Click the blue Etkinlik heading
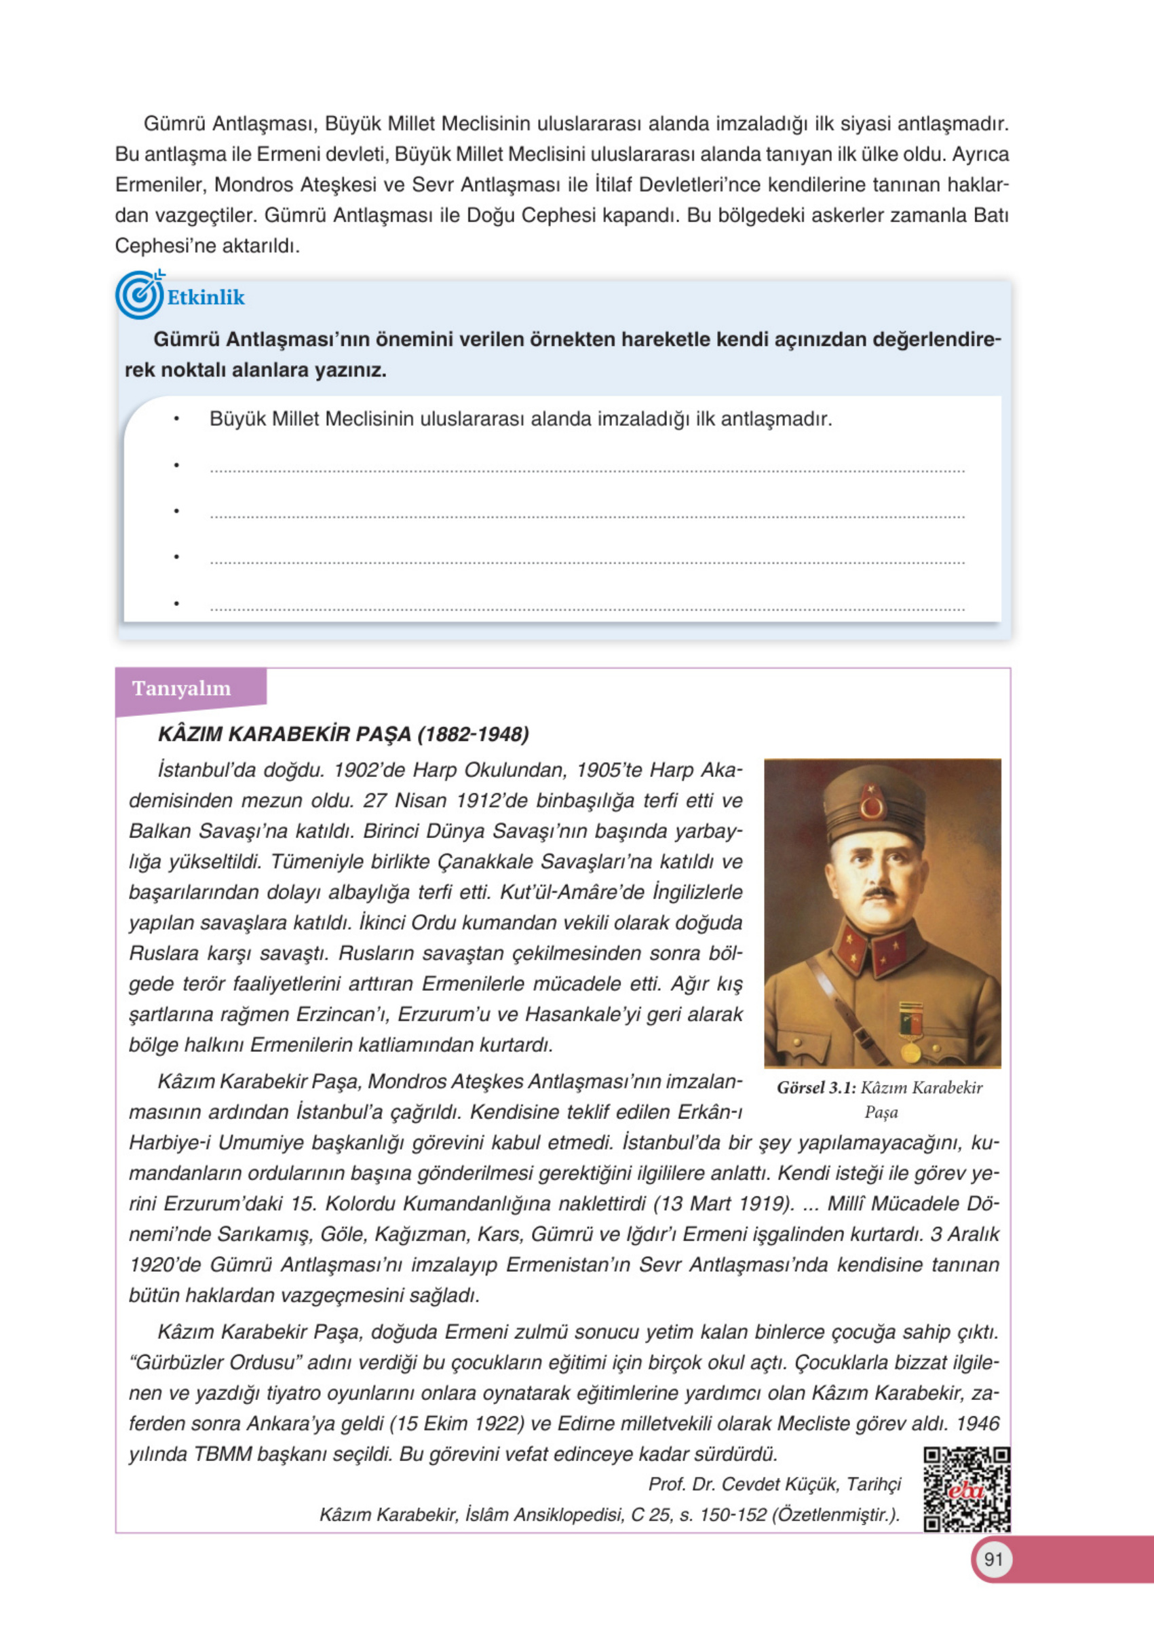[x=206, y=297]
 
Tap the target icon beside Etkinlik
[x=140, y=295]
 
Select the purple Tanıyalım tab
[x=182, y=689]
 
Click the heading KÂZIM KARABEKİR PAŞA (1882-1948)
[x=343, y=734]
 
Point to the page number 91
[x=993, y=1559]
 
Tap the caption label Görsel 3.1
[x=816, y=1088]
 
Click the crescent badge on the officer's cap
[x=873, y=807]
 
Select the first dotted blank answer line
[x=588, y=470]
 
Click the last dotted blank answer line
[x=588, y=608]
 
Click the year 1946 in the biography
[x=977, y=1424]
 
